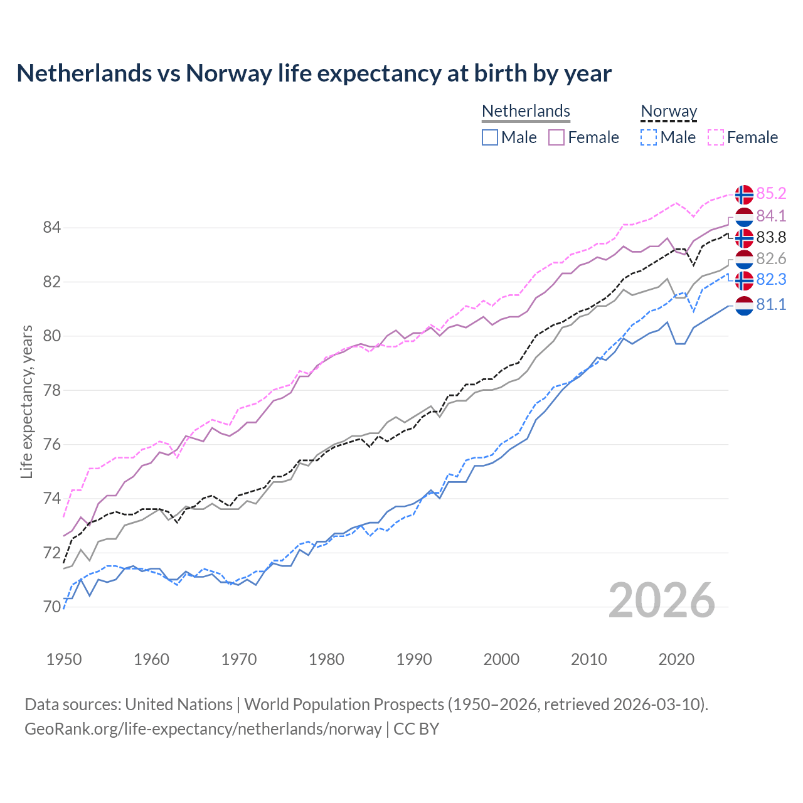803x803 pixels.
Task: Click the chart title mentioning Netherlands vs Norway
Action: click(314, 73)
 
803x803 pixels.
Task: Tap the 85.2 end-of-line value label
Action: click(771, 194)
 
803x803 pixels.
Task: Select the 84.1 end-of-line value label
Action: click(771, 216)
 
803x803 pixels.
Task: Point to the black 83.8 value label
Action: click(771, 238)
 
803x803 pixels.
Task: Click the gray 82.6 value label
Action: click(771, 258)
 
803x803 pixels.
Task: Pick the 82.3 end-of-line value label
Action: click(771, 280)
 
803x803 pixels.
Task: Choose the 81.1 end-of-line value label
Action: click(771, 305)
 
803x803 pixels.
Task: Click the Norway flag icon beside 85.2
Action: click(744, 194)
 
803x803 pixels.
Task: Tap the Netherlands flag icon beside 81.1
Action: click(744, 306)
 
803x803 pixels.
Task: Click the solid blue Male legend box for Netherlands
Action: click(490, 137)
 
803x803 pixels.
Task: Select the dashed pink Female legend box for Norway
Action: click(716, 137)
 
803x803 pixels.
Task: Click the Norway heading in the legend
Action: click(669, 112)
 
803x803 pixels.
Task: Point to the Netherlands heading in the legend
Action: click(526, 112)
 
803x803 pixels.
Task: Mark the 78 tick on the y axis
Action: click(52, 390)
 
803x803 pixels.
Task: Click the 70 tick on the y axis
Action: click(52, 607)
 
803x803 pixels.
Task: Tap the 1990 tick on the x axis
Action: click(414, 659)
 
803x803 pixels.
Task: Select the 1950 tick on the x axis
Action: click(64, 659)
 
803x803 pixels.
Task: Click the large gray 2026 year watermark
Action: click(662, 600)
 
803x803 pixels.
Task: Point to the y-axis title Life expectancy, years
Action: click(26, 401)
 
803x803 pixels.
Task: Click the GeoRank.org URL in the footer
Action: click(203, 729)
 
